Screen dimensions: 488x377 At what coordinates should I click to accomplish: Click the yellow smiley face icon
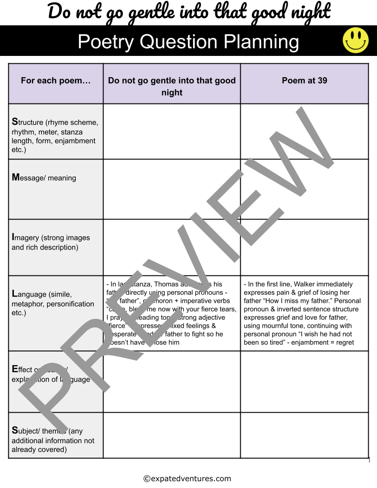click(x=355, y=40)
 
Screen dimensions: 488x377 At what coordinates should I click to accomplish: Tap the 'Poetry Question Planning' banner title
click(x=188, y=42)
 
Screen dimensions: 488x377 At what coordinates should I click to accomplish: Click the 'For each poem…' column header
click(x=55, y=81)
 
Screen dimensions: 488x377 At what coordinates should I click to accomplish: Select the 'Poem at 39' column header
click(x=304, y=80)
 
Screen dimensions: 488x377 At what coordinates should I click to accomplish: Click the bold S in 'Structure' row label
click(x=14, y=122)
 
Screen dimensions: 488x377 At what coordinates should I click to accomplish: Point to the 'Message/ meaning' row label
click(x=44, y=178)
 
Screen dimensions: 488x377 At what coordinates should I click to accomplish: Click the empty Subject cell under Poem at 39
click(x=304, y=435)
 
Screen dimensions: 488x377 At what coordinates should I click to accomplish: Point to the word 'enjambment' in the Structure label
click(x=75, y=141)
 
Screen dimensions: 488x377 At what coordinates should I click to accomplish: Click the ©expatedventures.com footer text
click(x=187, y=479)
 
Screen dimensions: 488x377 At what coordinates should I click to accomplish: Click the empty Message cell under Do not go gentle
click(x=172, y=189)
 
